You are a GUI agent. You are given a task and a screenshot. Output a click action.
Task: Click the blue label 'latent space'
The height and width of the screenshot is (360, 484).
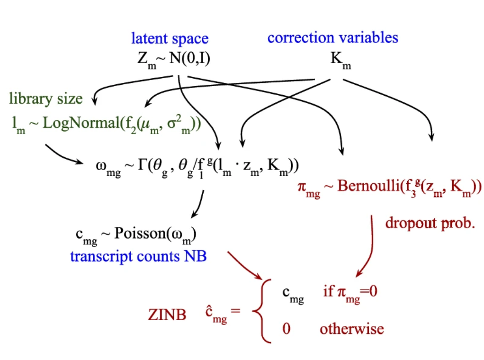170,38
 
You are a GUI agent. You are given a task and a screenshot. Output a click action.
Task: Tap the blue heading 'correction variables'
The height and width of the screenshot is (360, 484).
332,37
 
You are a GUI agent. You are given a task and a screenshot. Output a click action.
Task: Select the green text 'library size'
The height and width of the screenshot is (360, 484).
45,99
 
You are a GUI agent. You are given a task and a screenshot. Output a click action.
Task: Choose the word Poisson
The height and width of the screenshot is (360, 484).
136,233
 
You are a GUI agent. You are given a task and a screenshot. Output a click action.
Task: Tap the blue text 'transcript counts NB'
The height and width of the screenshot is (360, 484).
138,256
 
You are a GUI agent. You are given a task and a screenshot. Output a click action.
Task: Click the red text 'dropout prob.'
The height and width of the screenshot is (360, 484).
430,223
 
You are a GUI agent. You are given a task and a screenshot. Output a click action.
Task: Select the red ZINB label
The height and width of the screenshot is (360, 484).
167,315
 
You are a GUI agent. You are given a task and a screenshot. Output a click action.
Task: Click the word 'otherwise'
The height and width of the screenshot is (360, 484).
351,328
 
